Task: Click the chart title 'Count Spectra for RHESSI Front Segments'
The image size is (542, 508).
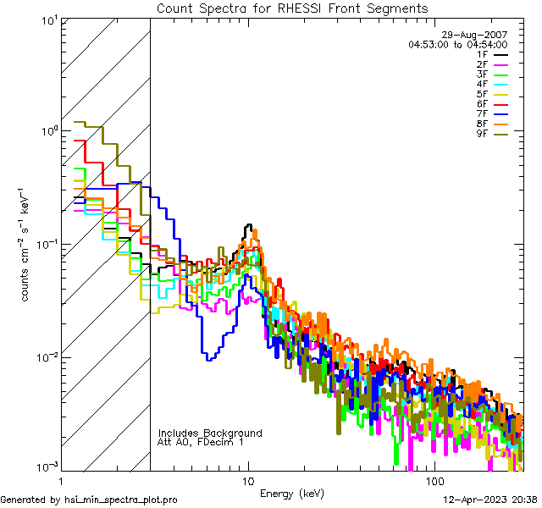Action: (x=292, y=8)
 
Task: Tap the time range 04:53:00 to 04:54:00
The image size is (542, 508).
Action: (x=457, y=44)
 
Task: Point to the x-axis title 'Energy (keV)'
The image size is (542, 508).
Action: (x=292, y=493)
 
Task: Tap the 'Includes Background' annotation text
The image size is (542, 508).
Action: (x=210, y=433)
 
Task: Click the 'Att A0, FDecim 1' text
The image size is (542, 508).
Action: (x=201, y=442)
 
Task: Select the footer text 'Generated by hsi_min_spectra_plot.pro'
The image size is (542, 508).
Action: (x=89, y=500)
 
